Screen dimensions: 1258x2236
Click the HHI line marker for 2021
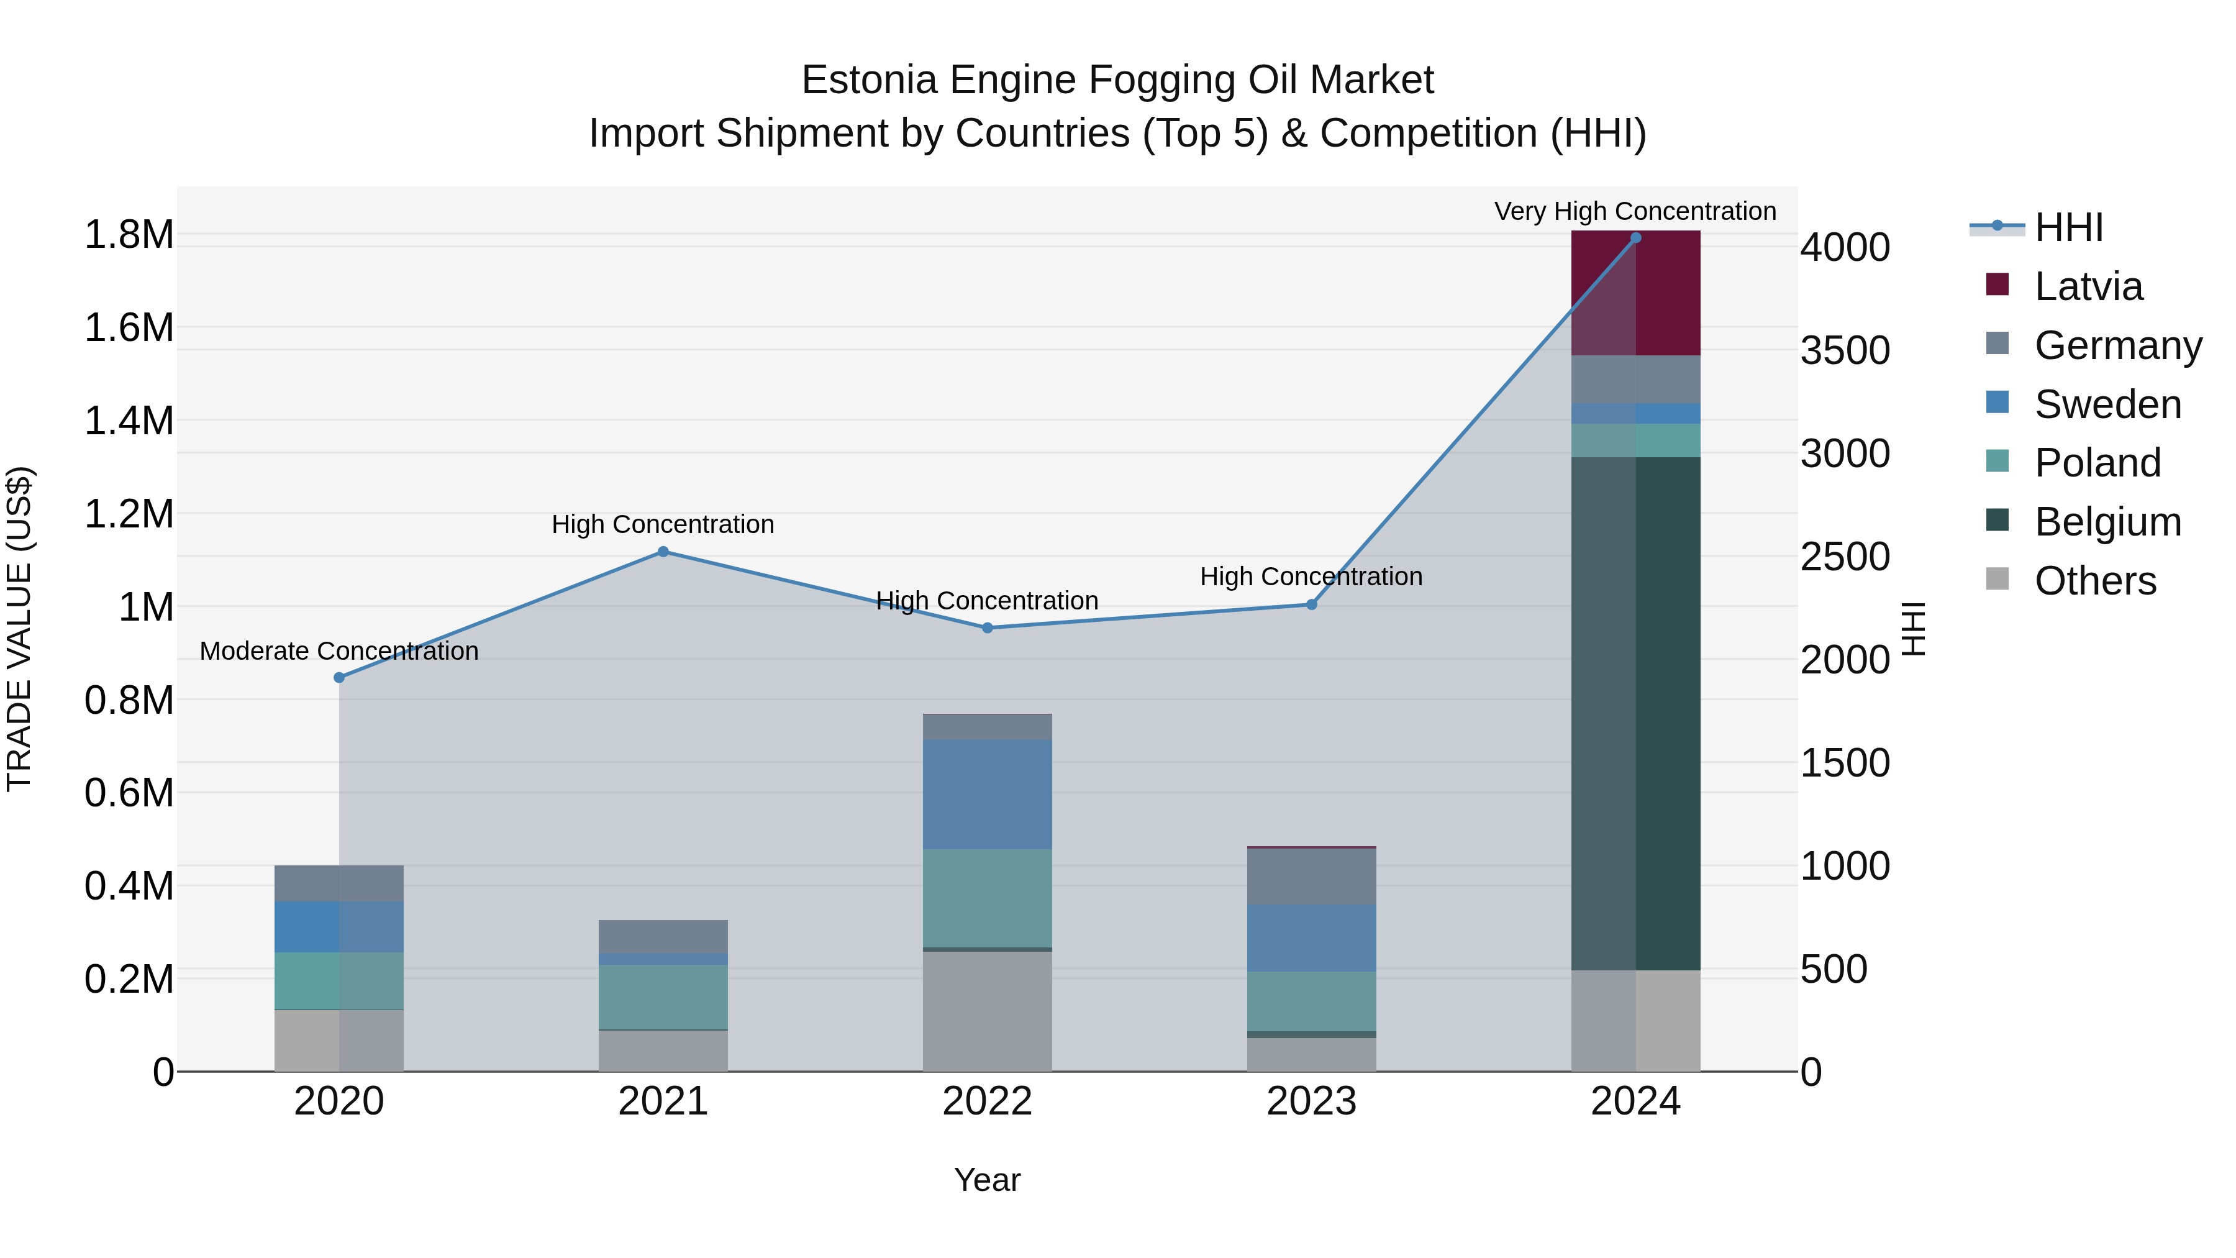click(x=663, y=551)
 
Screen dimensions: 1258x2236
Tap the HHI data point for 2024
click(x=1635, y=238)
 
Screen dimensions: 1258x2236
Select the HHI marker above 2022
click(x=987, y=627)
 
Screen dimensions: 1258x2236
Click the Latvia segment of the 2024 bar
click(x=1635, y=293)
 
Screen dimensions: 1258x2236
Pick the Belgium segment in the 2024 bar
click(x=1635, y=712)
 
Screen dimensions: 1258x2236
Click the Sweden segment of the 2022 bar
click(x=987, y=795)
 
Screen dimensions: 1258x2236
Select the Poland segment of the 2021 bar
click(x=663, y=996)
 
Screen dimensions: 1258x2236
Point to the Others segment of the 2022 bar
click(x=987, y=1011)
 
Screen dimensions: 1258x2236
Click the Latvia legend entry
click(x=2088, y=286)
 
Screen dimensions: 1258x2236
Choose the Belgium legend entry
click(x=2107, y=522)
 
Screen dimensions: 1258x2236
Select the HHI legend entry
click(x=2068, y=227)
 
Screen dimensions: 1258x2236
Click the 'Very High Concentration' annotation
click(x=1635, y=211)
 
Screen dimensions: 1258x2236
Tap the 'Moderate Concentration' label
click(x=339, y=650)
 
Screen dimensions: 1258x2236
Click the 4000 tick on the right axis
click(x=1845, y=247)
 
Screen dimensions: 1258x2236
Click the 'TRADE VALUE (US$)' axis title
click(x=19, y=629)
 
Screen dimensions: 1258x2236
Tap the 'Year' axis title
click(x=987, y=1180)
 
